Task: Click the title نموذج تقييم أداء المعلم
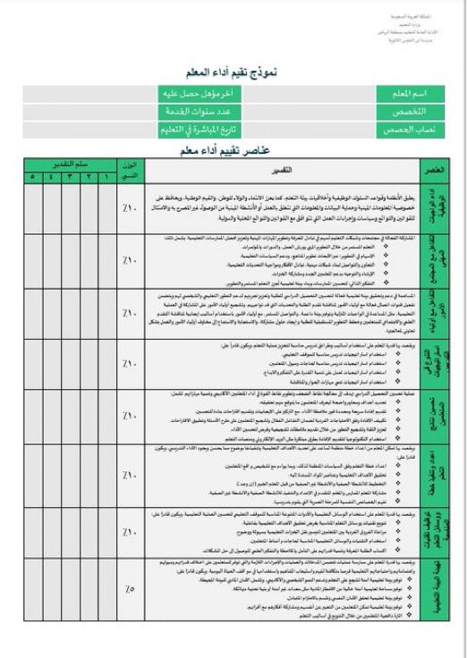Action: tap(234, 72)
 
